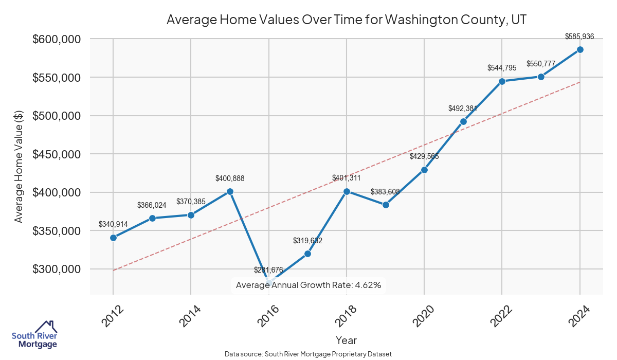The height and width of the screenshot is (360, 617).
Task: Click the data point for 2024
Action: click(x=580, y=49)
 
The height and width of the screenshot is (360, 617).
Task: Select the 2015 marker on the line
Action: click(x=230, y=191)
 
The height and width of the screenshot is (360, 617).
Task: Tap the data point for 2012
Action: click(x=113, y=238)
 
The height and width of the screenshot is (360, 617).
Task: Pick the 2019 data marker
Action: click(x=386, y=205)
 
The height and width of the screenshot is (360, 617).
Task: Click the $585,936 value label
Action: click(x=579, y=37)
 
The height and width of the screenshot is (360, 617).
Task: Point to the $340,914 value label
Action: click(x=113, y=224)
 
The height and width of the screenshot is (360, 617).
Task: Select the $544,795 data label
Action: click(x=502, y=68)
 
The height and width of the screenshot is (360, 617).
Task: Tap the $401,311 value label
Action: click(x=346, y=178)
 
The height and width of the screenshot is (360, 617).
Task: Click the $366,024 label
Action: click(x=152, y=205)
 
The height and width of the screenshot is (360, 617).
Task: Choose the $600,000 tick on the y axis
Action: click(x=57, y=39)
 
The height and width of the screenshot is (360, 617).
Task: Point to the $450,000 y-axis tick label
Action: click(x=57, y=154)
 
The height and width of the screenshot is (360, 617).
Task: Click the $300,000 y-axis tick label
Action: click(x=57, y=269)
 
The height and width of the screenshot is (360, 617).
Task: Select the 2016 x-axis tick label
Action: click(x=268, y=316)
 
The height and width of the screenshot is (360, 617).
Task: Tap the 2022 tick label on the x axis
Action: click(x=501, y=316)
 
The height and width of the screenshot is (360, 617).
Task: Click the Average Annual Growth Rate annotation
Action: click(x=308, y=285)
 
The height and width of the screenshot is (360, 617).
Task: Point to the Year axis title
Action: click(x=346, y=340)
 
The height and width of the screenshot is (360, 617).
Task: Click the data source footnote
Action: click(x=308, y=354)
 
